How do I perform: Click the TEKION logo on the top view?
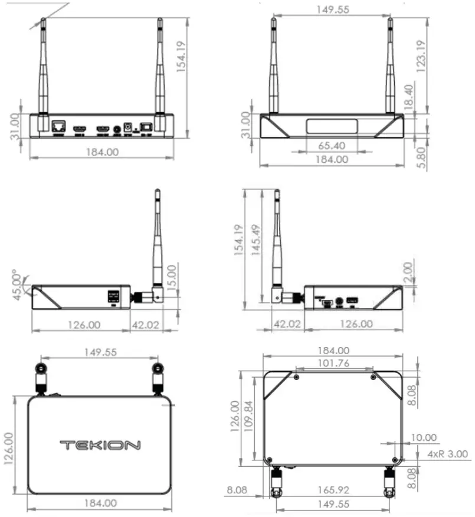100,445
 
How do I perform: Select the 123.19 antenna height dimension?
420,56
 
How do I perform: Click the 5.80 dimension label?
420,158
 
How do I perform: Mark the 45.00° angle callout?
19,285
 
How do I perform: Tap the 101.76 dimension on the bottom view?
334,362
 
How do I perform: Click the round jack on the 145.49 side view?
339,302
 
